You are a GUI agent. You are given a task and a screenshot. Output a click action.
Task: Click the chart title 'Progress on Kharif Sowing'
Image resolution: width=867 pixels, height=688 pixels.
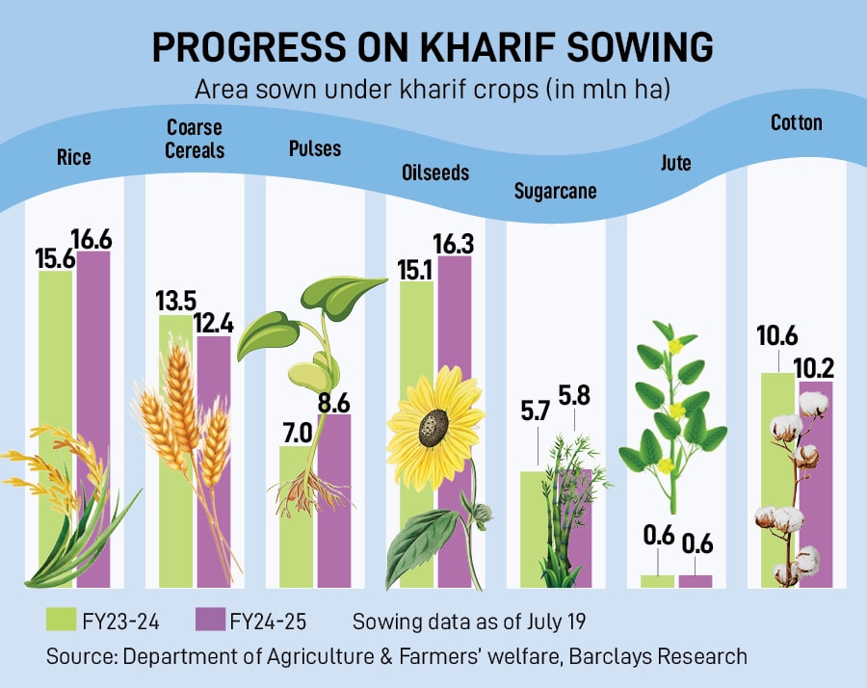tap(433, 49)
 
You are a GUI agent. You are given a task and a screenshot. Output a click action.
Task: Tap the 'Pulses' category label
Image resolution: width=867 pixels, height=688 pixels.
tap(315, 148)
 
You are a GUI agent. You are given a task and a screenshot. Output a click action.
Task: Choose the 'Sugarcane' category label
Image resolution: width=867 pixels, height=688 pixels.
tap(556, 191)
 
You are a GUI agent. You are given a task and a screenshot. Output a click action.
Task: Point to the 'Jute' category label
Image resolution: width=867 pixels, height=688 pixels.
tap(676, 163)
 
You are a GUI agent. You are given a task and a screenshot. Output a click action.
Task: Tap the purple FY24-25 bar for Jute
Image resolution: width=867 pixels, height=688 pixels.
tap(695, 580)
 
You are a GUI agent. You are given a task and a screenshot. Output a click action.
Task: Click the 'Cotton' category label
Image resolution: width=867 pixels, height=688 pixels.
tap(796, 122)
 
